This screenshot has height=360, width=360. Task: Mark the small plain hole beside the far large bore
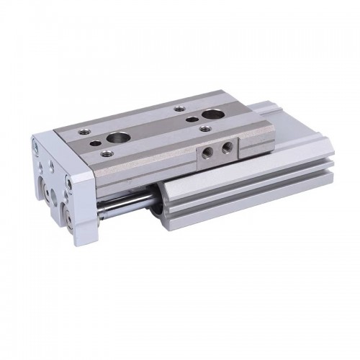point(194,119)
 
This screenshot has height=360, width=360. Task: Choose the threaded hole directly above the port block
point(205,129)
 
